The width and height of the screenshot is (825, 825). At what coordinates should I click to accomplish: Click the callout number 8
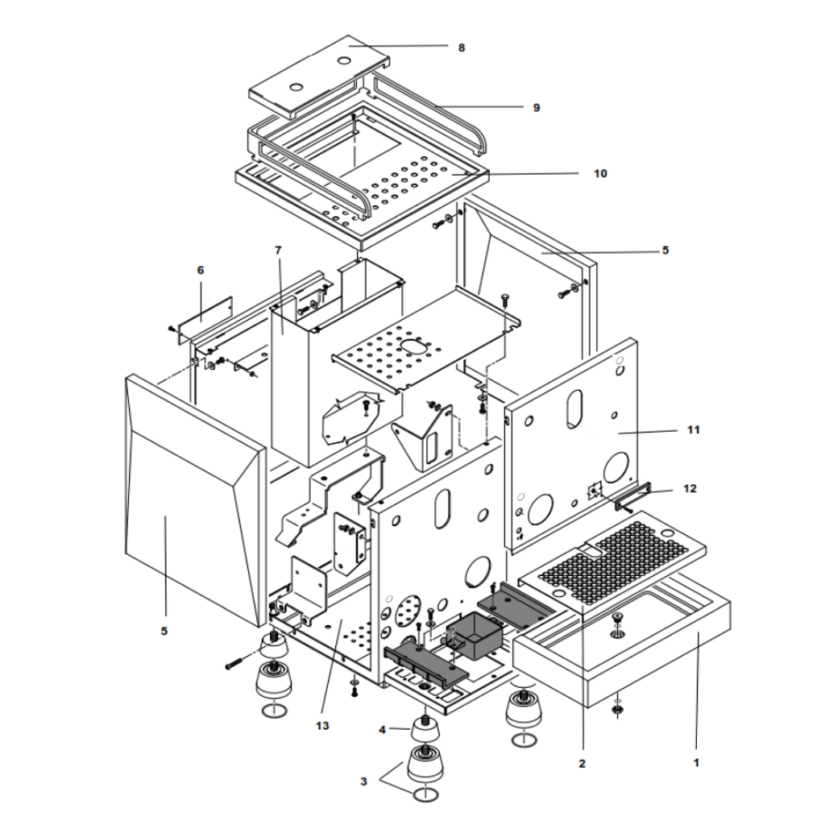(x=462, y=48)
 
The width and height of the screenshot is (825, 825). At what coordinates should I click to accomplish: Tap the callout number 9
(x=536, y=108)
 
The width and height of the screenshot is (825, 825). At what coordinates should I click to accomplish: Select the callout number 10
(x=599, y=174)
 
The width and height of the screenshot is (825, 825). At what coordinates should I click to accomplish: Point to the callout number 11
(x=694, y=430)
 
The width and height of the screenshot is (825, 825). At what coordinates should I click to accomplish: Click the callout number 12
(x=690, y=489)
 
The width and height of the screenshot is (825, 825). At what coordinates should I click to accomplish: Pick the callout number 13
(x=322, y=726)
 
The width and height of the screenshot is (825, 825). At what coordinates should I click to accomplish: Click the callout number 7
(x=278, y=250)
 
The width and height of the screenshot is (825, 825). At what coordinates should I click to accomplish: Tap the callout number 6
(x=201, y=271)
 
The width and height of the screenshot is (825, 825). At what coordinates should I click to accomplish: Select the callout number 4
(x=383, y=730)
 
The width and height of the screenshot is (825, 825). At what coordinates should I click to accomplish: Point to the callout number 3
(x=363, y=781)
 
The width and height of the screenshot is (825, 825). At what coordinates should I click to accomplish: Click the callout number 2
(x=582, y=764)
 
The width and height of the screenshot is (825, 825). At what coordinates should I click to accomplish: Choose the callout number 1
(x=696, y=762)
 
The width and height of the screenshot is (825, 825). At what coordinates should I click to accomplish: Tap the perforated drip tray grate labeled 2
(x=612, y=562)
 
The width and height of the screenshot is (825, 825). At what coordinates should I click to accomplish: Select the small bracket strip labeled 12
(x=633, y=496)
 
